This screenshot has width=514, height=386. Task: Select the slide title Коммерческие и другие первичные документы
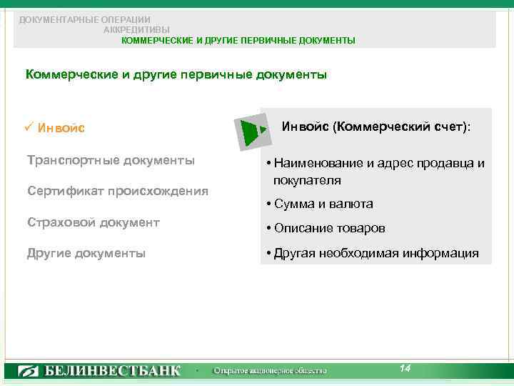pyautogui.click(x=176, y=74)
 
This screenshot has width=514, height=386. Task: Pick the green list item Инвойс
pyautogui.click(x=61, y=129)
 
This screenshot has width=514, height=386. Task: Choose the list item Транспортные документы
pyautogui.click(x=110, y=160)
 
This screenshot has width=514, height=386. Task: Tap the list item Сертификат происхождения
pyautogui.click(x=117, y=191)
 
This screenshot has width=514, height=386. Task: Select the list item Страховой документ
pyautogui.click(x=93, y=222)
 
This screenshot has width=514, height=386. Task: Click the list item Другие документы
pyautogui.click(x=86, y=253)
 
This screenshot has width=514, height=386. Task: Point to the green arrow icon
pyautogui.click(x=252, y=132)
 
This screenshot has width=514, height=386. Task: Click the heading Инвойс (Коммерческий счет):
pyautogui.click(x=376, y=127)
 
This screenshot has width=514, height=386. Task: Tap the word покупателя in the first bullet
pyautogui.click(x=306, y=180)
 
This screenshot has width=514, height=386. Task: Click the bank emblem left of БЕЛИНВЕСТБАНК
pyautogui.click(x=29, y=371)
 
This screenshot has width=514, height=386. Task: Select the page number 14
pyautogui.click(x=405, y=368)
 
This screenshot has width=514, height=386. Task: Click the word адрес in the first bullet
pyautogui.click(x=377, y=163)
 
